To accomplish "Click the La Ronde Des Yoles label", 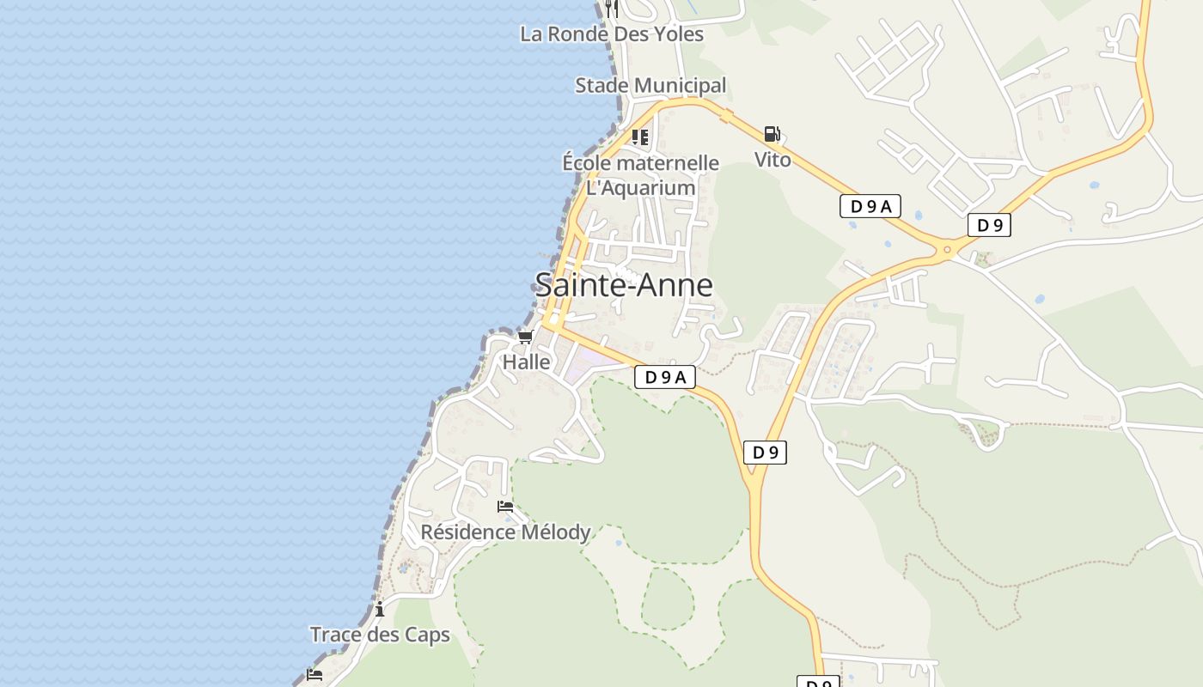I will [612, 34].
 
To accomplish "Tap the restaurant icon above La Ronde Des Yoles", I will [612, 8].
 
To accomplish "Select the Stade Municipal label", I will [650, 86].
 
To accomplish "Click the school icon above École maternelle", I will [640, 137].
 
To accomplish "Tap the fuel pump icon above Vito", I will [772, 134].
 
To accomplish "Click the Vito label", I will [772, 159].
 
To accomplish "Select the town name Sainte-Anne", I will [624, 284].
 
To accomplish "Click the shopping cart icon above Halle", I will [525, 337].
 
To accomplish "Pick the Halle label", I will [526, 362].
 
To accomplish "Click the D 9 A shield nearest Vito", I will [870, 206].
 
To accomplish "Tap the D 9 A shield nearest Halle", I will [665, 377].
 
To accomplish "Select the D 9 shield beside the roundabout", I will [989, 226].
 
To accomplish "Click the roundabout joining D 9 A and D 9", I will [948, 249].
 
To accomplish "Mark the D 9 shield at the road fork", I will [765, 453].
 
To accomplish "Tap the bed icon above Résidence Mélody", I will [505, 507].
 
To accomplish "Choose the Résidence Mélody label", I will [505, 532].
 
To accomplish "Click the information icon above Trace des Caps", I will [380, 610].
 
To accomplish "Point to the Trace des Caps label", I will [380, 635].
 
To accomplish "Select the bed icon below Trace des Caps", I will [314, 675].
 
